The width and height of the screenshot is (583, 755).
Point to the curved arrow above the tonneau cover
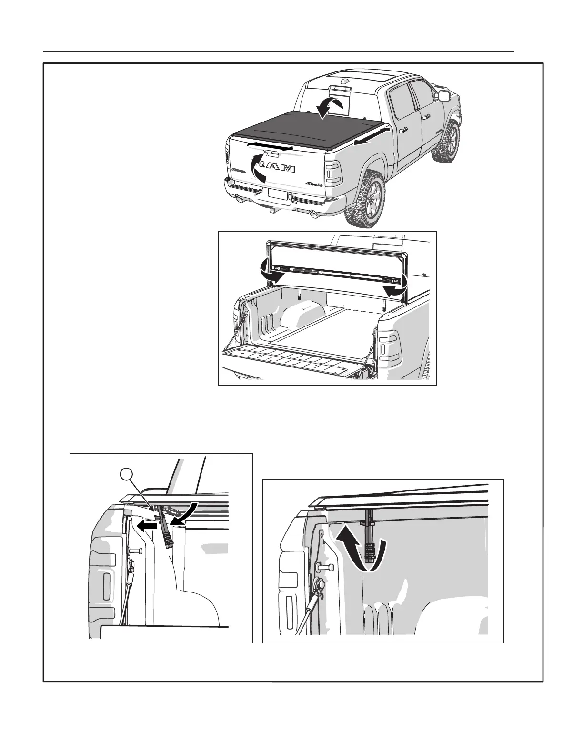pos(330,107)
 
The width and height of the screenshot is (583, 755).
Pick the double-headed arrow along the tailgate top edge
pos(270,146)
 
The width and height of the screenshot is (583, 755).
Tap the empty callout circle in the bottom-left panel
pos(126,475)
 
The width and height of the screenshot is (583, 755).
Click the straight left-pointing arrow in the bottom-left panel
pos(145,525)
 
